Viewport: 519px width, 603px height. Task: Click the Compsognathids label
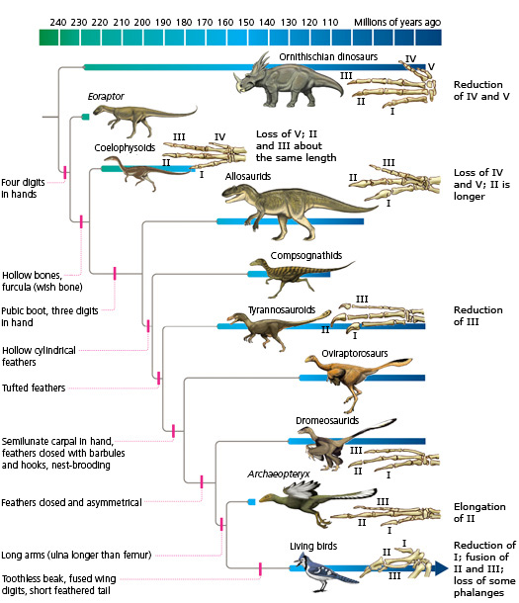305,255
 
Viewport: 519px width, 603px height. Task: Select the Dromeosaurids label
327,421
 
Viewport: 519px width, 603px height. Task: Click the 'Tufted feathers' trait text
34,388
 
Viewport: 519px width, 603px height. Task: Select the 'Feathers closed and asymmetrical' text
71,502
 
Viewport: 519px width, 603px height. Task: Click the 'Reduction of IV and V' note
480,91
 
